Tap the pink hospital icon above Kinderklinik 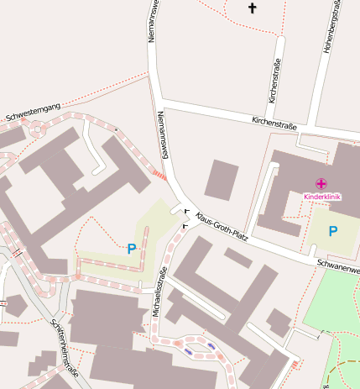(x=321, y=183)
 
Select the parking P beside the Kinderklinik (x=333, y=231)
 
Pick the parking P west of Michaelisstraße (x=131, y=249)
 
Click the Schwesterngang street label (x=32, y=111)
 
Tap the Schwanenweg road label (x=337, y=266)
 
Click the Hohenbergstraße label (x=329, y=27)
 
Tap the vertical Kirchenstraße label (x=274, y=81)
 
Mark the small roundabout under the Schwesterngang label (x=37, y=129)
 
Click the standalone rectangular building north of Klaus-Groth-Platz (x=222, y=179)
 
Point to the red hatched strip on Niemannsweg (x=159, y=174)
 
